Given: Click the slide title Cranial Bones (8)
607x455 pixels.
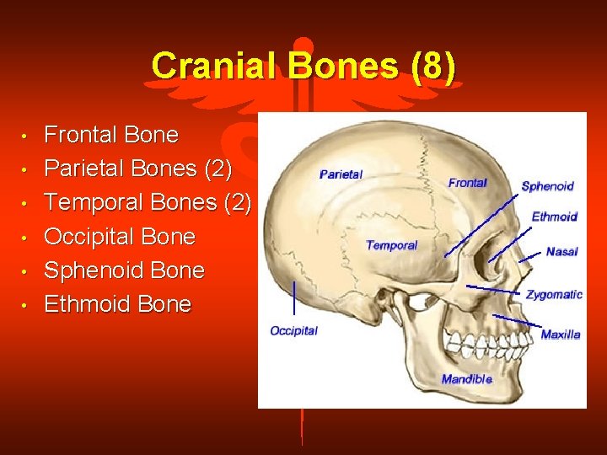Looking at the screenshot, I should [x=303, y=67].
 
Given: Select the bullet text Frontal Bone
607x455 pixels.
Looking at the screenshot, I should [x=111, y=135].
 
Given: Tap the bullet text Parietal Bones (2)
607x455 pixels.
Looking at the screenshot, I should [x=138, y=169].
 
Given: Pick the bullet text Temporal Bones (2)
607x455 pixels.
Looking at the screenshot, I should [x=148, y=202].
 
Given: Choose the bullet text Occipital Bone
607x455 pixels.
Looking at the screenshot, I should [x=120, y=237].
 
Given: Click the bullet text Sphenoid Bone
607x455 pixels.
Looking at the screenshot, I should [x=125, y=270].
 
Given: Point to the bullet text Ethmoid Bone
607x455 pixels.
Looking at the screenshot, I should [x=118, y=304].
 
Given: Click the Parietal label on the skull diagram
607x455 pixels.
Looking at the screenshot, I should [x=341, y=174].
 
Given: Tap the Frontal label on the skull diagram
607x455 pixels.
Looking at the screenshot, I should [x=467, y=183].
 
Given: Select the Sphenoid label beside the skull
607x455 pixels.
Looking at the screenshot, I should [x=547, y=186].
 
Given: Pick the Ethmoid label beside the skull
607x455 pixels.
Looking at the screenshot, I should [x=554, y=217].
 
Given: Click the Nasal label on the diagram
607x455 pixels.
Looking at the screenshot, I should [x=561, y=252].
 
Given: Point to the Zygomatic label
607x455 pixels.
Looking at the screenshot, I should [x=554, y=294].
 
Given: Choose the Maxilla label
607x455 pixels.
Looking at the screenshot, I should [x=561, y=335].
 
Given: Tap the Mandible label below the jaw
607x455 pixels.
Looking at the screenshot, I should [x=466, y=379].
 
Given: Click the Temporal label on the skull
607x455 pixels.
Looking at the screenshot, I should [x=392, y=245].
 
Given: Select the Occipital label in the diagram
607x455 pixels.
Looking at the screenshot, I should [x=293, y=330].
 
